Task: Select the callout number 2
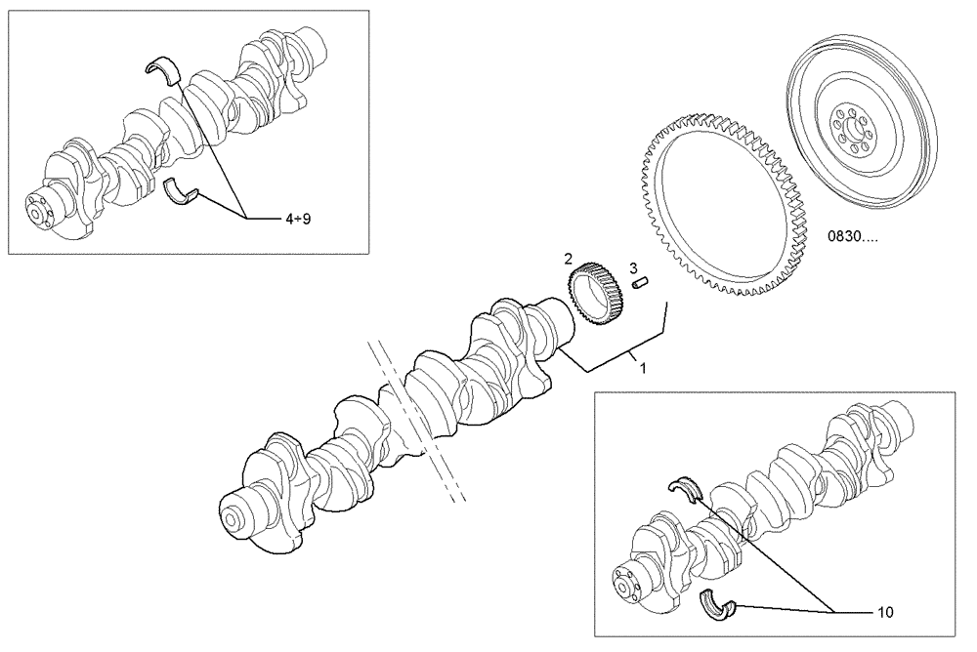point(568,259)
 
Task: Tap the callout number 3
point(633,267)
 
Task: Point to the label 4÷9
point(298,220)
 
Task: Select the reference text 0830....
point(850,236)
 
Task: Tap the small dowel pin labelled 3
point(642,284)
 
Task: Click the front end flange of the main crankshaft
point(234,516)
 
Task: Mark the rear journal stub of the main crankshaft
point(557,327)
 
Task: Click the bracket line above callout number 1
point(616,357)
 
